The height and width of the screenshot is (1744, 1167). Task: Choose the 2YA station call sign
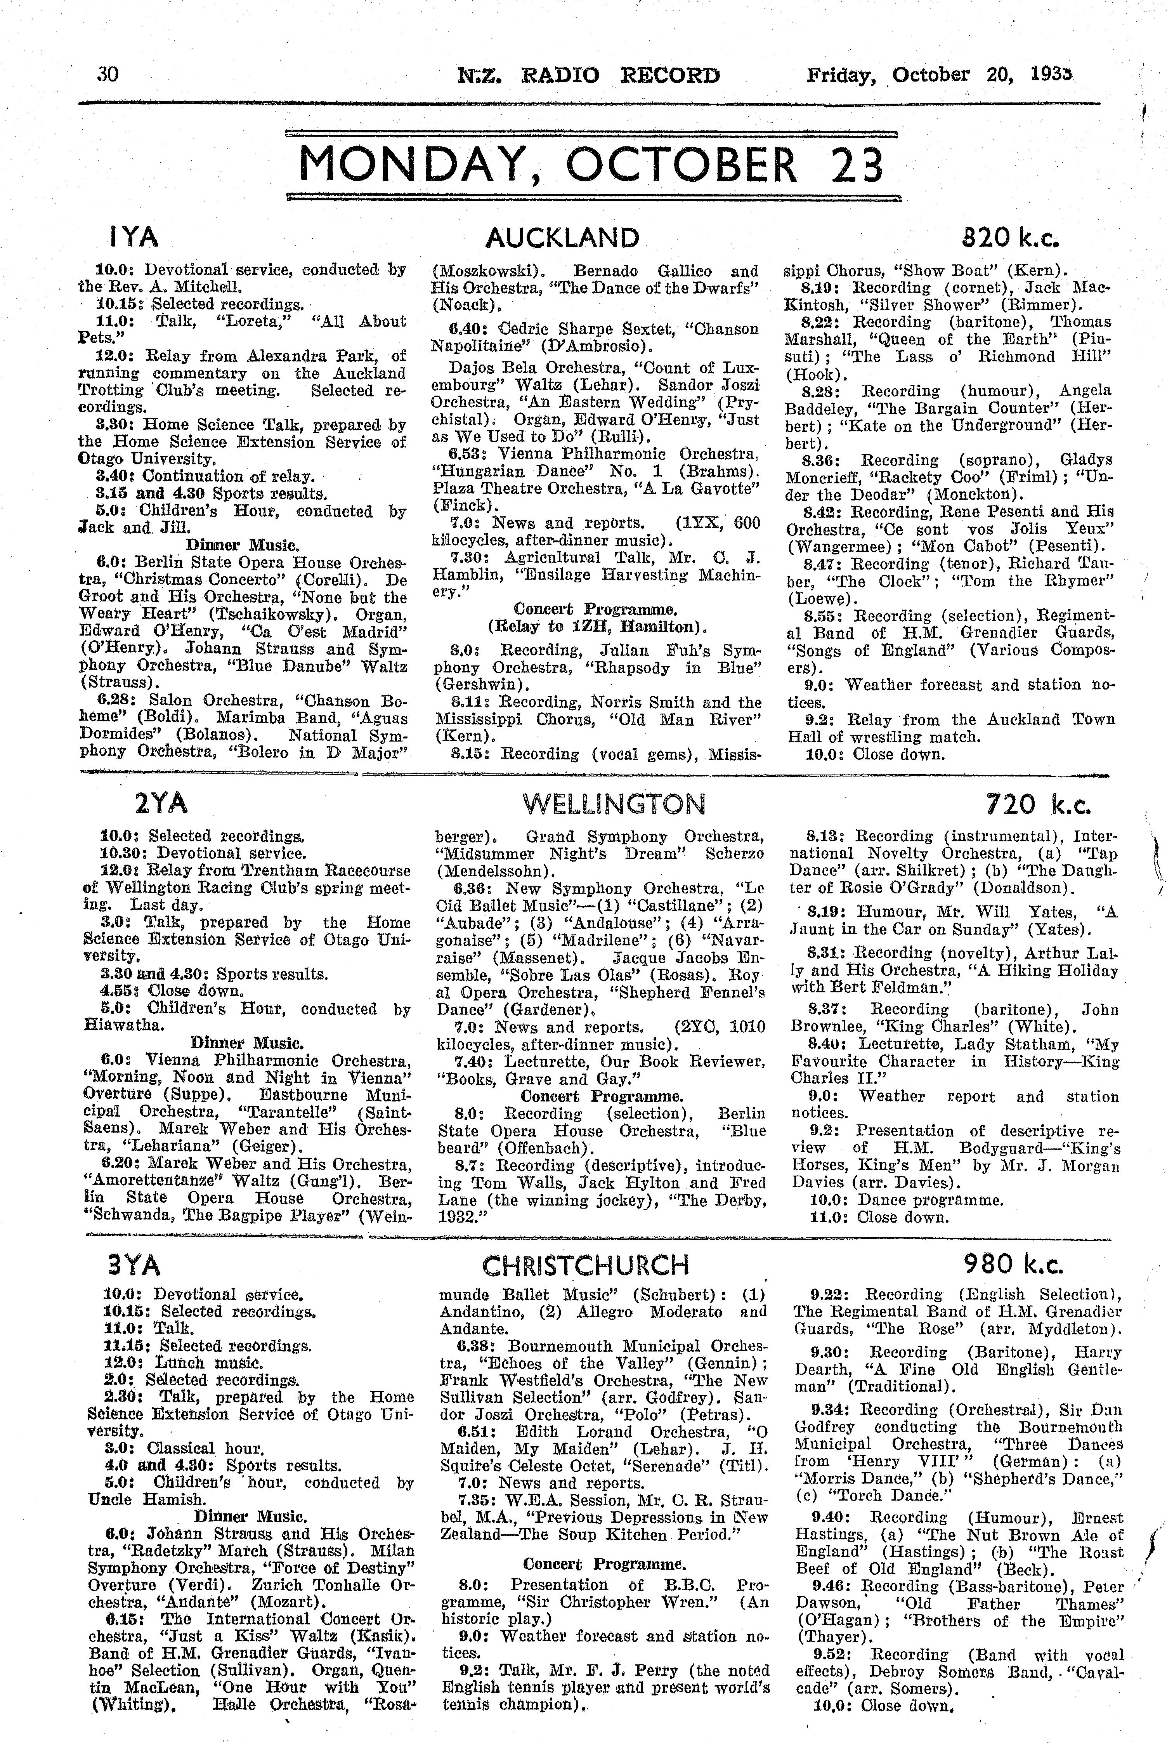tap(160, 804)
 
